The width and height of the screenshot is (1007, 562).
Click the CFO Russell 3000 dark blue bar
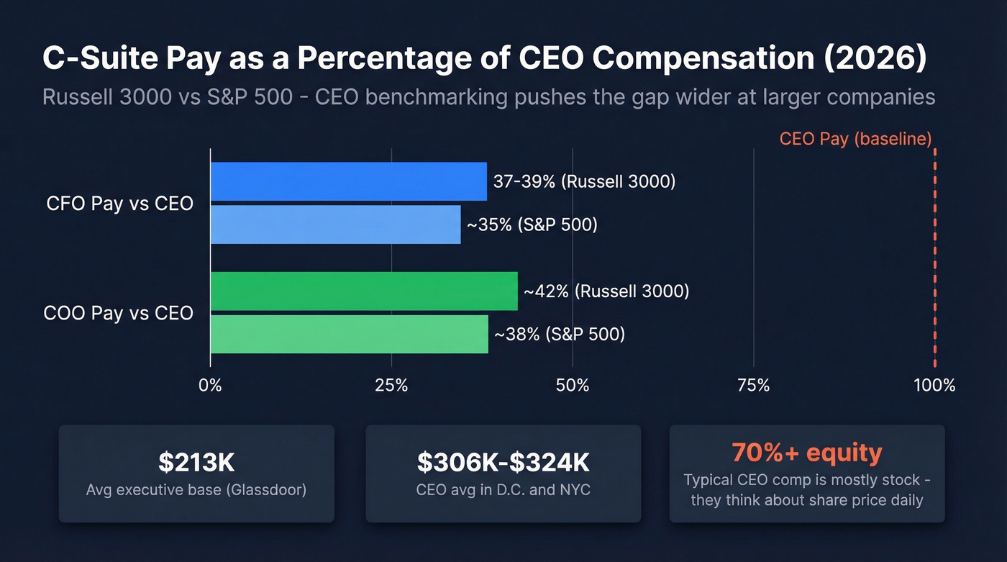point(348,181)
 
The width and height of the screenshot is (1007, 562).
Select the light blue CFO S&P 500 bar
point(335,225)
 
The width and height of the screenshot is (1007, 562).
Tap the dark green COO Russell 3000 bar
point(363,291)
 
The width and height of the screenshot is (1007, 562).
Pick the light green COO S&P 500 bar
point(349,334)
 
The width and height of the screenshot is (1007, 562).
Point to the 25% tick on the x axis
point(391,385)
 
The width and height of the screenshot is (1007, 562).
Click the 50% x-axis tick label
point(573,385)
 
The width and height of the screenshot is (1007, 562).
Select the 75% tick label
point(753,385)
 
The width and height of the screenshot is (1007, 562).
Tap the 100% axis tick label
point(934,385)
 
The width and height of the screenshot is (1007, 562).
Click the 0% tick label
point(210,385)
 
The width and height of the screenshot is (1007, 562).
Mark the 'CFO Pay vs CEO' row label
point(119,204)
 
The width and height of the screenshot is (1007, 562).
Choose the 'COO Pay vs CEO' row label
point(118,313)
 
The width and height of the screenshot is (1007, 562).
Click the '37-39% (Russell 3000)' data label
point(584,181)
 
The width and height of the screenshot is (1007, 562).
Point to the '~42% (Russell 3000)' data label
point(606,291)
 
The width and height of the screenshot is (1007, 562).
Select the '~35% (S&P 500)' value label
point(532,225)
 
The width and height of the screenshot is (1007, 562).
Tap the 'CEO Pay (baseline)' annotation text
point(855,139)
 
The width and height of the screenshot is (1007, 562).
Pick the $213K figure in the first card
point(196,463)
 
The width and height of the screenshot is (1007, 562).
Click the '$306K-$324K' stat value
point(503,463)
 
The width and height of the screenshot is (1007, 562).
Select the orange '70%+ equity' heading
point(806,453)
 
